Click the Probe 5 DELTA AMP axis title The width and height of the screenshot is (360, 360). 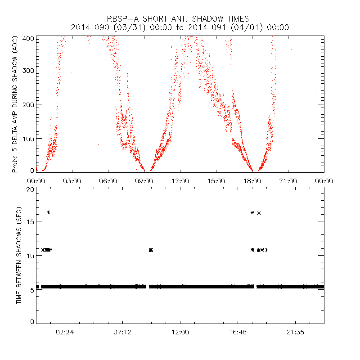point(15,104)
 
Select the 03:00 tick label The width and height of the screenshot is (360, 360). point(72,180)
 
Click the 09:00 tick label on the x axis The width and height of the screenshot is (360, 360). point(144,180)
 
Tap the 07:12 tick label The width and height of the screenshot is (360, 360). point(122,333)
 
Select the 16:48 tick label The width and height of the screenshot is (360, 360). point(238,333)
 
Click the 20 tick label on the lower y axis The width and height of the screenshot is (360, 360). point(30,189)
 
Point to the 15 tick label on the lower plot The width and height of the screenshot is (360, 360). point(30,222)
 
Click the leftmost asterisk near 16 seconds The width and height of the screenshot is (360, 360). point(48,212)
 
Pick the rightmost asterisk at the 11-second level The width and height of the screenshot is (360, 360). point(266,250)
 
